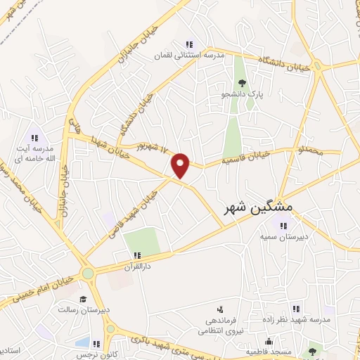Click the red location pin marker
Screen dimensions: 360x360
[181, 165]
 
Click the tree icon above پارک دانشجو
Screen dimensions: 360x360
[241, 83]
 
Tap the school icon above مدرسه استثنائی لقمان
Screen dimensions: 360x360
[188, 44]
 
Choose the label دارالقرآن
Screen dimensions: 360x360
[137, 266]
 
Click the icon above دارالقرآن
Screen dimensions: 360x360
[137, 255]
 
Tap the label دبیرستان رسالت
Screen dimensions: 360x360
[82, 309]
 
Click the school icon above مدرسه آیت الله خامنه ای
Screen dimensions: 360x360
[33, 136]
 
